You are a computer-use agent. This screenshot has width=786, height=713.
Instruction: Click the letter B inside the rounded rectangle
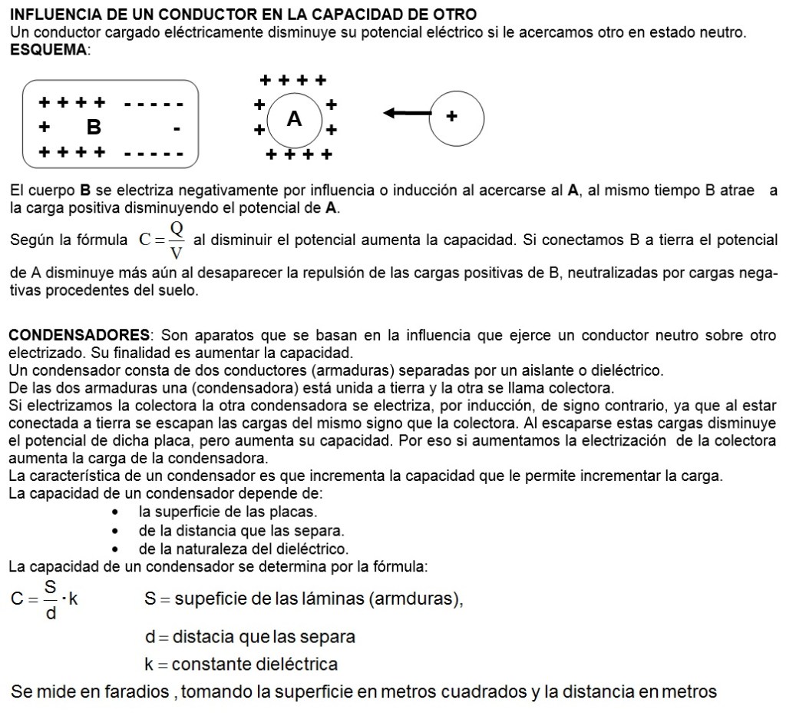94,126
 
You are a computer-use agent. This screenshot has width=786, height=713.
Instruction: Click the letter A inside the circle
294,119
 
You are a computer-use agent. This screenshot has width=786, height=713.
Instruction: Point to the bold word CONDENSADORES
79,336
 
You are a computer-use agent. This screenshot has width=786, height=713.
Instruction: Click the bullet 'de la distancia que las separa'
241,530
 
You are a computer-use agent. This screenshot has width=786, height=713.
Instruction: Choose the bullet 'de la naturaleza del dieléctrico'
243,549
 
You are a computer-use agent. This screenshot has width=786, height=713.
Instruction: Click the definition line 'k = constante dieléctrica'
241,663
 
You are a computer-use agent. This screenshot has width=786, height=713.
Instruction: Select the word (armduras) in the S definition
416,599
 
